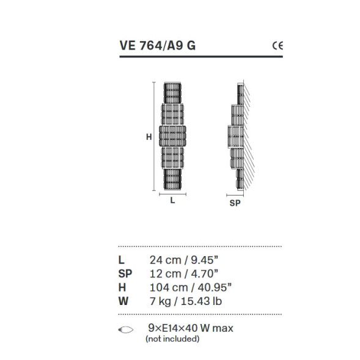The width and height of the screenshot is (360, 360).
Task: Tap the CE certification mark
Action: [x=277, y=45]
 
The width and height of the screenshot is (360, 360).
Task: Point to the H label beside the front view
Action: [x=149, y=138]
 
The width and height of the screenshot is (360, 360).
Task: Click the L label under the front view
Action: [x=173, y=199]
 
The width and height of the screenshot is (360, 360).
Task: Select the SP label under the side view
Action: [x=235, y=204]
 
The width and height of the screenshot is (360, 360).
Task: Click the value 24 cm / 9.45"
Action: [x=184, y=260]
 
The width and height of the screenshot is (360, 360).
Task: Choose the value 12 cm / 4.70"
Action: [x=184, y=273]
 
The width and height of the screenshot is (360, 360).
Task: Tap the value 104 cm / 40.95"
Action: [x=190, y=287]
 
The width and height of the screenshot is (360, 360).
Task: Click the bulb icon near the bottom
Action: [x=125, y=329]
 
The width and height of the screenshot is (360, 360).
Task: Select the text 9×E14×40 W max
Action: [x=189, y=328]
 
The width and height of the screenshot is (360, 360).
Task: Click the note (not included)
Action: [x=172, y=338]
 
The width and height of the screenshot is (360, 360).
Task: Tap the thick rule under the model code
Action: [x=200, y=56]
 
